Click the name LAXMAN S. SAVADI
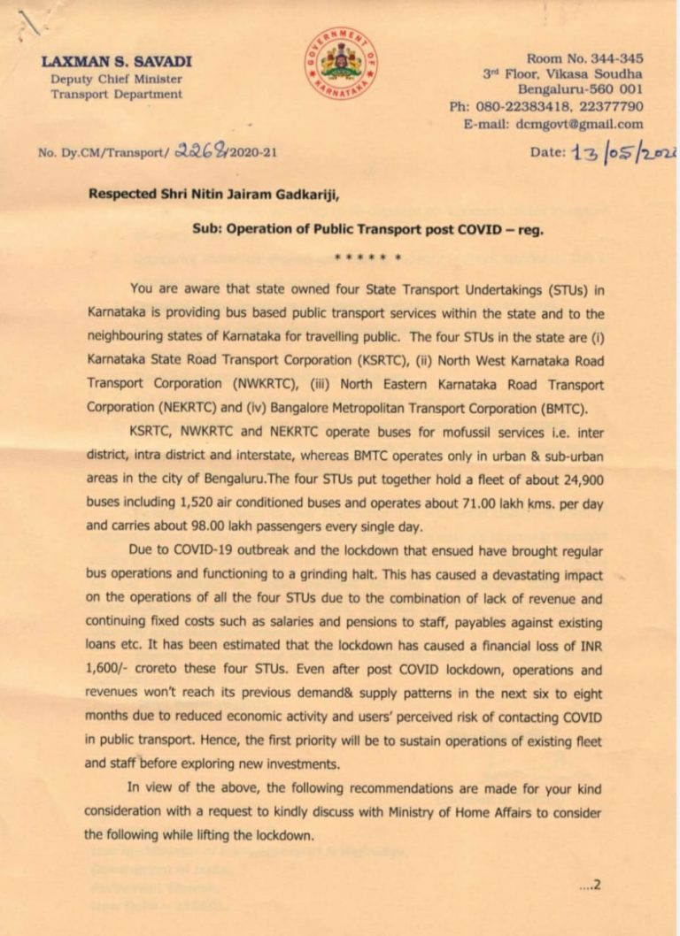click(x=116, y=62)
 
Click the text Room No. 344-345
click(x=584, y=58)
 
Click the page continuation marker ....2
click(x=590, y=883)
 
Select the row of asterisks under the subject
click(x=368, y=258)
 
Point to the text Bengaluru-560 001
click(x=580, y=91)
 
